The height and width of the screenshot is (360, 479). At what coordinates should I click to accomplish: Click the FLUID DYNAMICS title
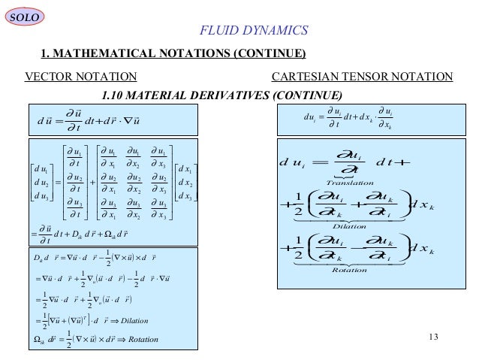pyautogui.click(x=253, y=30)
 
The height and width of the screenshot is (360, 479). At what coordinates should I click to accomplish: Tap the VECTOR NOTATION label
pyautogui.click(x=81, y=77)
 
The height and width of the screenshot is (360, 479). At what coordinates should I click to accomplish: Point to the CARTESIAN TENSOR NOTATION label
pyautogui.click(x=362, y=77)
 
